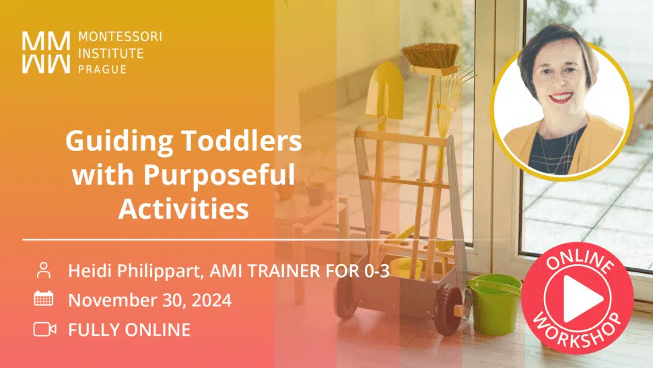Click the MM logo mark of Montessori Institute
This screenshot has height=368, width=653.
pos(46,53)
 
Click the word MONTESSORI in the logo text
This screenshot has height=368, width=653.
pos(120,36)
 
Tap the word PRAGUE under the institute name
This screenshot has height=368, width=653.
pos(102,69)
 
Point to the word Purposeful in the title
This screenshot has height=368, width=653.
pos(219,175)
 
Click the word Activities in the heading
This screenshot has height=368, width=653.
pos(184,208)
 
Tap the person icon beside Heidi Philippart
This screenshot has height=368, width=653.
pos(44,270)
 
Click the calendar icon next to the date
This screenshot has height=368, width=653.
pos(43,299)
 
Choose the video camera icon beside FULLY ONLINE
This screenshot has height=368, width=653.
pos(44,329)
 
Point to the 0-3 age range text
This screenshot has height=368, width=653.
pos(377,271)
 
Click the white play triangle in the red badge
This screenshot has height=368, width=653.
pos(582,299)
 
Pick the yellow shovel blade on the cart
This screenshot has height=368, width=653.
pos(384,90)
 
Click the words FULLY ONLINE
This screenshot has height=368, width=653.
pos(129,330)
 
